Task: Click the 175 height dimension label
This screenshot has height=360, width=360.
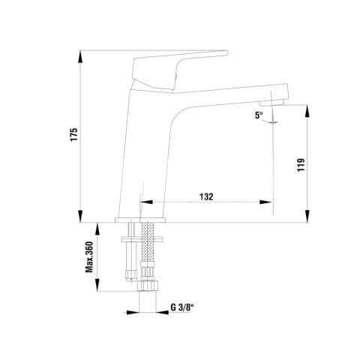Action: click(x=74, y=134)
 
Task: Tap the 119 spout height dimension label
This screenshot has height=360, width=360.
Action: click(x=301, y=165)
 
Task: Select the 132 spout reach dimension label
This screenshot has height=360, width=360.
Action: click(x=206, y=196)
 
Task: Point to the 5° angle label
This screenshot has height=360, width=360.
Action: click(x=259, y=115)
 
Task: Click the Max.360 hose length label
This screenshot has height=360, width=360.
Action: click(x=89, y=256)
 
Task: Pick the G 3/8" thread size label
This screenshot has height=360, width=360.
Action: click(x=182, y=307)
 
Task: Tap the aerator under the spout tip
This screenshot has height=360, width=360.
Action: click(x=271, y=103)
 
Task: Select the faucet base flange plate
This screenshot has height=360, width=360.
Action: click(x=140, y=220)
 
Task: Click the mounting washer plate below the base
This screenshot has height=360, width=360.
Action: click(x=142, y=239)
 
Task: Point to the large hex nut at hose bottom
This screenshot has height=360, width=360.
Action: click(x=148, y=286)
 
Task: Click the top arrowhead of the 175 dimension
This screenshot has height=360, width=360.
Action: click(x=80, y=57)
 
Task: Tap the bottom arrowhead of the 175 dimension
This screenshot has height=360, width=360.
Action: click(x=80, y=216)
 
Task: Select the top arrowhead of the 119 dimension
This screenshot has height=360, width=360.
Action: click(x=307, y=111)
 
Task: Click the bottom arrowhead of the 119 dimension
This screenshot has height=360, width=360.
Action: click(x=307, y=216)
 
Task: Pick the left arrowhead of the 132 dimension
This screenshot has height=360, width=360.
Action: click(x=147, y=202)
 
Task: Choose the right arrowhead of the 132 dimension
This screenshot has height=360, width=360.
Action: click(x=265, y=202)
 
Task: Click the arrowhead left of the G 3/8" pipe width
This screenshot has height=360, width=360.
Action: click(x=133, y=313)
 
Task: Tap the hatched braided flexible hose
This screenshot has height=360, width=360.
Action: click(x=148, y=242)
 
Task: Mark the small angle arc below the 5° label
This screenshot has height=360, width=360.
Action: click(x=270, y=122)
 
